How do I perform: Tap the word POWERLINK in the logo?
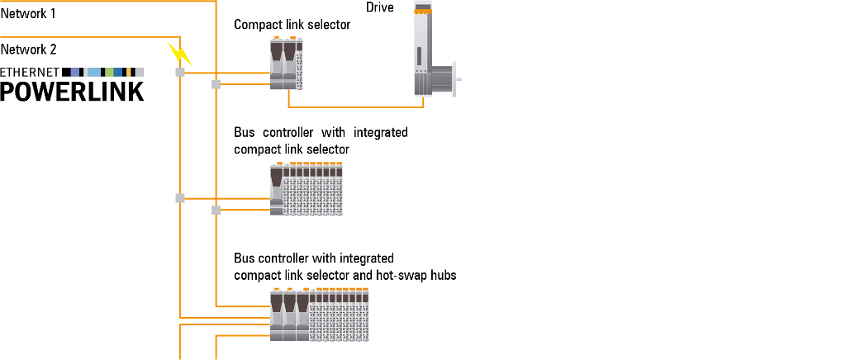tap(72, 89)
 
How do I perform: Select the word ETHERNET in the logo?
tap(29, 72)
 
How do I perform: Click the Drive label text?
tap(380, 8)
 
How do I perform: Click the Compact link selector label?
tap(292, 25)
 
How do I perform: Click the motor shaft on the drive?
tap(459, 80)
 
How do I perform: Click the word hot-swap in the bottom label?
tap(397, 275)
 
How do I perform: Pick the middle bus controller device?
tap(307, 190)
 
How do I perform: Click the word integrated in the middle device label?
tap(381, 133)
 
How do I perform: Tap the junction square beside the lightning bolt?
tap(179, 73)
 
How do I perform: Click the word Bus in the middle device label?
tap(245, 133)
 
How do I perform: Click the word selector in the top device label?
tap(329, 25)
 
